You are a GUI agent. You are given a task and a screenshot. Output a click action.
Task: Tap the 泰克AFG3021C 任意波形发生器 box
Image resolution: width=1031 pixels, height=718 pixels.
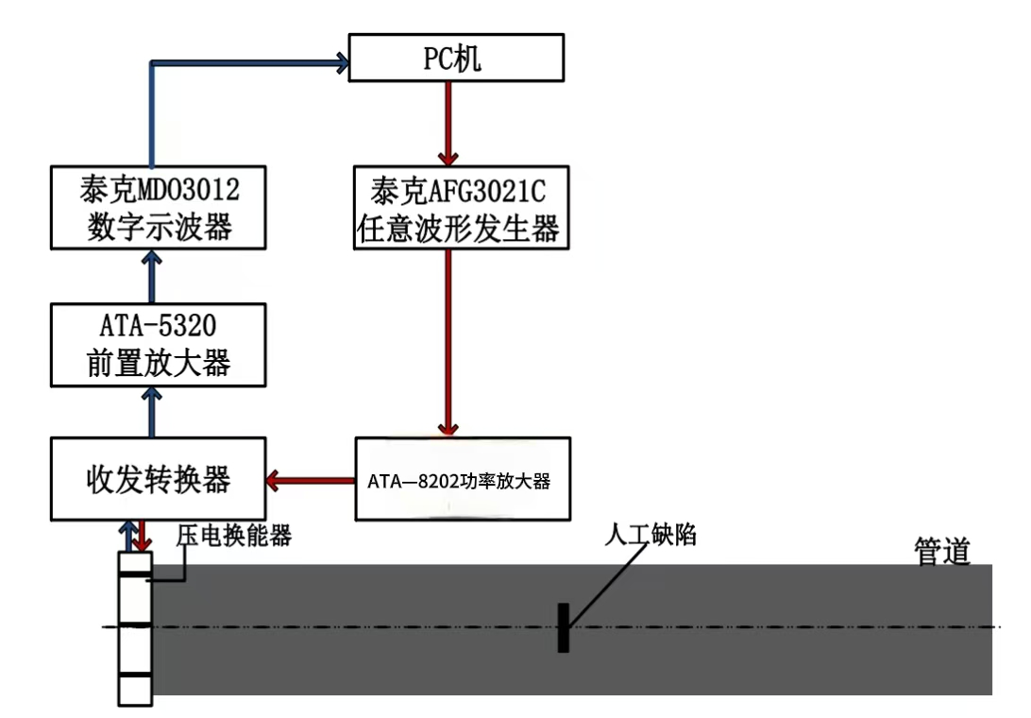(x=462, y=208)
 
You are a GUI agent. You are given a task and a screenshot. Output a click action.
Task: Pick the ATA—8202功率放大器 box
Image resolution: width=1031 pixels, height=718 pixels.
(x=462, y=479)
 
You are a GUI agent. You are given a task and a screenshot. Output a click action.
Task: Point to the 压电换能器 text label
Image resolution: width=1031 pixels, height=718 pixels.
(x=233, y=537)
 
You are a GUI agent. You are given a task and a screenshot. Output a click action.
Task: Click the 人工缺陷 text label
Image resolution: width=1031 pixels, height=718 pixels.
(x=651, y=536)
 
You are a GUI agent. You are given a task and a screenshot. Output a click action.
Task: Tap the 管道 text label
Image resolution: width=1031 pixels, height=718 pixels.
(x=941, y=551)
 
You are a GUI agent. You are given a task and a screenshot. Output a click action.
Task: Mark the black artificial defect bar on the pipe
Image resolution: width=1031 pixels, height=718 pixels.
(x=563, y=627)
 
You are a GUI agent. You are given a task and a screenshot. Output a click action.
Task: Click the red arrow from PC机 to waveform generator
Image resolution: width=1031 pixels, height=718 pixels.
(x=448, y=123)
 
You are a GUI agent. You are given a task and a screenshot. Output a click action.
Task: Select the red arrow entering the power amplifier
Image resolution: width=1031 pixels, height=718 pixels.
(x=448, y=340)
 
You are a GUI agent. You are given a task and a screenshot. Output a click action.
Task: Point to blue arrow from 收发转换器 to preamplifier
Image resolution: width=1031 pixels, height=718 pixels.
(x=149, y=411)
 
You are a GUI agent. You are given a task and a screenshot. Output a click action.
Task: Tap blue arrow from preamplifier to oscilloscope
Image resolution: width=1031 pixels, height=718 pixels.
(x=149, y=277)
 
